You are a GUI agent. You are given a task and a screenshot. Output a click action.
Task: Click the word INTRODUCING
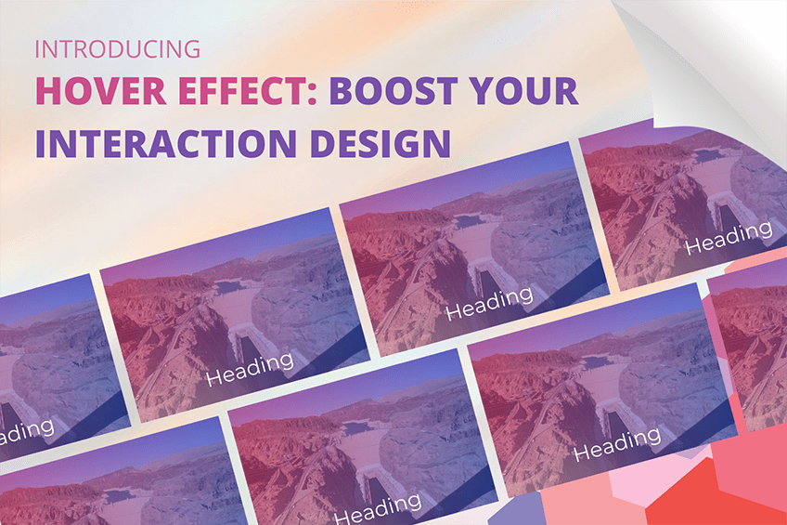point(118,49)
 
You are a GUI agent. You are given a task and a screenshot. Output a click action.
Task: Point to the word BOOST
point(393,91)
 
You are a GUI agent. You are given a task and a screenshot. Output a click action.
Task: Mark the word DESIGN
point(380,144)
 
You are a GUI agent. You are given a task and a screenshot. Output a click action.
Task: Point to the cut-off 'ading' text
point(27,432)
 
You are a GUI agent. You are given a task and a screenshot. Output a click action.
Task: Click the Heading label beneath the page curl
point(729,237)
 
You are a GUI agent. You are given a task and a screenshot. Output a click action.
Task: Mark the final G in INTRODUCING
point(192,49)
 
